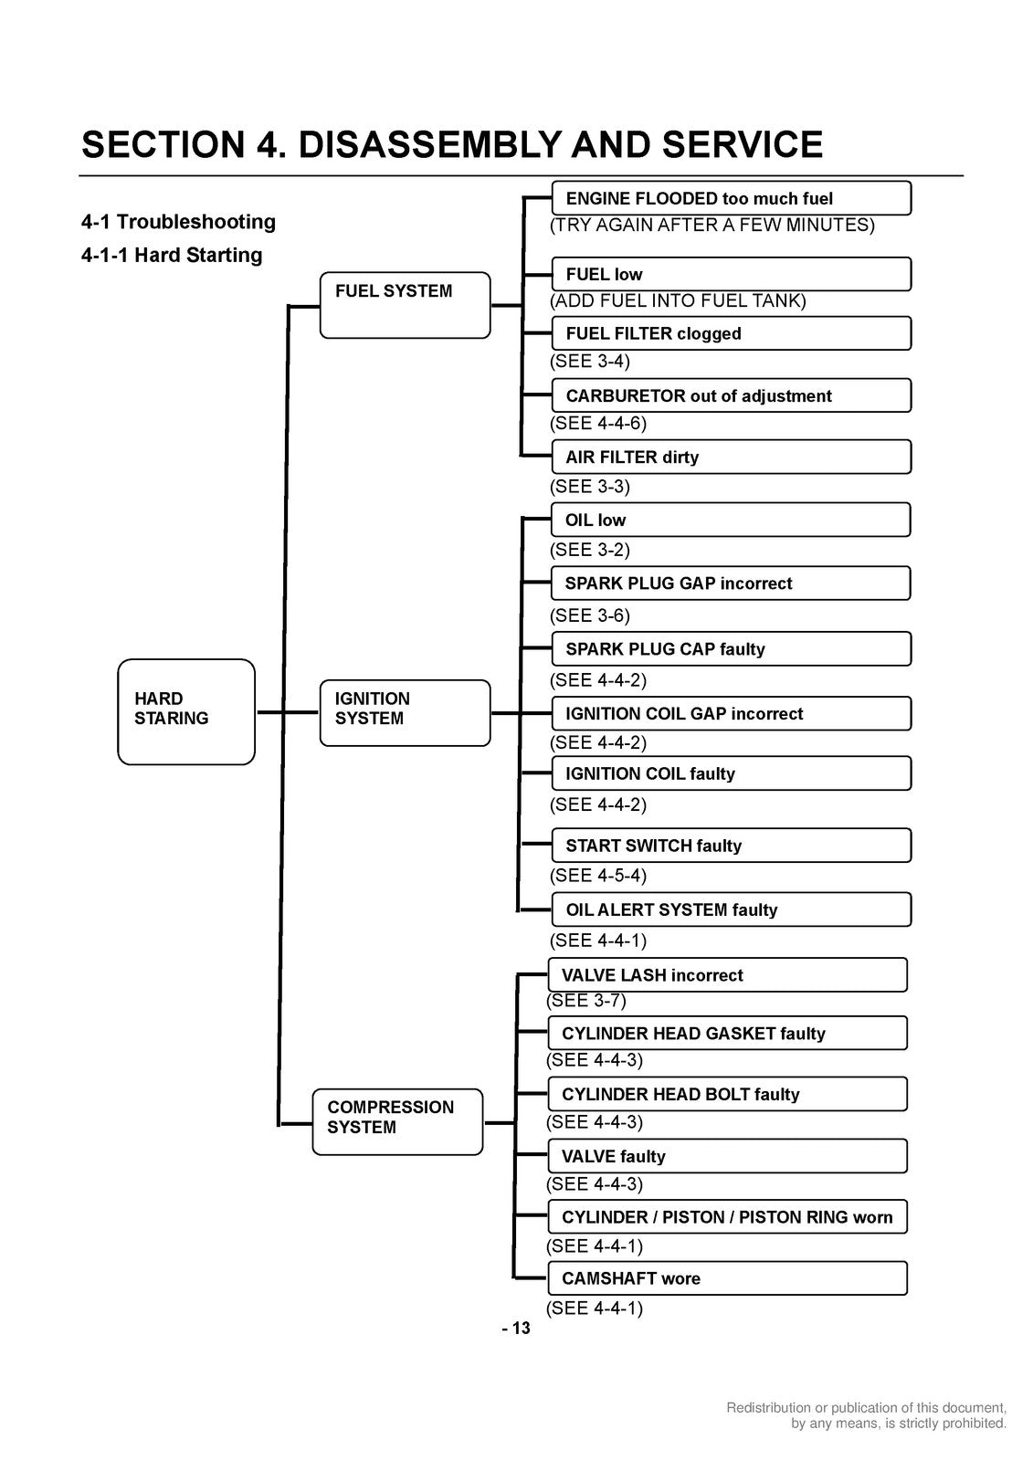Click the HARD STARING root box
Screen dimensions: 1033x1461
click(x=186, y=711)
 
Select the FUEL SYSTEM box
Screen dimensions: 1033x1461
click(x=405, y=305)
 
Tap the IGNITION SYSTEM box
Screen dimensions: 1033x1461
click(x=405, y=713)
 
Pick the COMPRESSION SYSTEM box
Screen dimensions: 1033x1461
click(x=397, y=1122)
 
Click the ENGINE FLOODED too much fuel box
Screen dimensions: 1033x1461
click(x=732, y=198)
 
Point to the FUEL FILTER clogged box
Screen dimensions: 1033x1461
click(x=732, y=333)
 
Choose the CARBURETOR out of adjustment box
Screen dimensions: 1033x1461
click(x=732, y=395)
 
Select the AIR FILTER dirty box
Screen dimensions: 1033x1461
click(x=732, y=457)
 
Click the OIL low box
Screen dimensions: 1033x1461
click(x=731, y=520)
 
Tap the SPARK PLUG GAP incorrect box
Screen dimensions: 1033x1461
click(x=731, y=583)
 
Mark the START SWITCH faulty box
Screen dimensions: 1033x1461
click(x=732, y=846)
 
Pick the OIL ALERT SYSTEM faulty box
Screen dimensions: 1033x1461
click(x=732, y=909)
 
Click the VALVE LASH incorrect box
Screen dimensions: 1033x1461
click(x=728, y=974)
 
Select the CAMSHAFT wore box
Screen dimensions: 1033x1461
click(x=728, y=1277)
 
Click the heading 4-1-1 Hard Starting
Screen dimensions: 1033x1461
click(x=172, y=255)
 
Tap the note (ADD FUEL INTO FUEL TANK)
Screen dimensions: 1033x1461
click(x=678, y=300)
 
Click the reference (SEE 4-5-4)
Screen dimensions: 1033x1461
click(x=597, y=876)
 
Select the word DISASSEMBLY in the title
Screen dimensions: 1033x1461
click(x=430, y=144)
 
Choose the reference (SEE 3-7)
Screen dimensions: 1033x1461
click(x=586, y=1001)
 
